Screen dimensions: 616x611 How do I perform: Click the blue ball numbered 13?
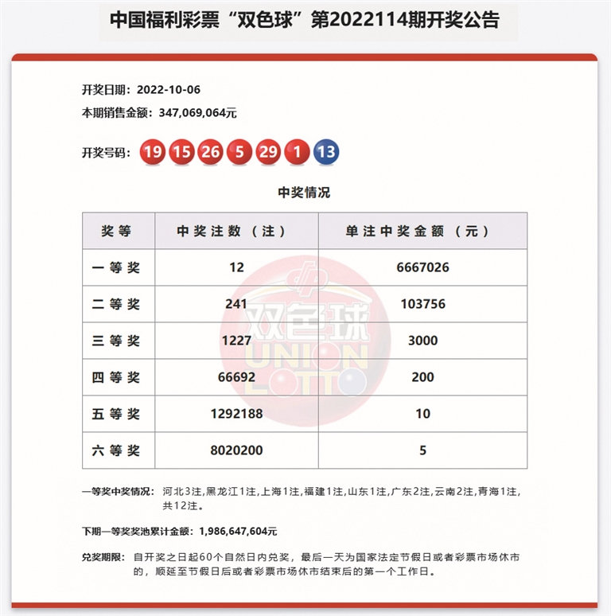click(x=326, y=153)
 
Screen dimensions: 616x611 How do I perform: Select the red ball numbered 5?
click(x=239, y=153)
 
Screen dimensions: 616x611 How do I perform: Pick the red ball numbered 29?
click(x=268, y=153)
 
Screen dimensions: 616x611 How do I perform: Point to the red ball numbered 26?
click(x=211, y=153)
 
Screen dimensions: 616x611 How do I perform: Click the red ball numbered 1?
click(x=297, y=153)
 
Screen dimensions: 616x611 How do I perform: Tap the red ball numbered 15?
click(x=181, y=153)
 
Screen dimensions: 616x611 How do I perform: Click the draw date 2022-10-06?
click(x=168, y=89)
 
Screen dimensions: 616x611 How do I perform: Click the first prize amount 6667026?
click(x=422, y=267)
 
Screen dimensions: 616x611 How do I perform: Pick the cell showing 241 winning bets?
click(x=236, y=304)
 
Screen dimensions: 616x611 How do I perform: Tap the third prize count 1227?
click(x=236, y=341)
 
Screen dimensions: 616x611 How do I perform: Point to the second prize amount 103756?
click(x=422, y=304)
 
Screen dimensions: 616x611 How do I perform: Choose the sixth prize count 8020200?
click(x=236, y=450)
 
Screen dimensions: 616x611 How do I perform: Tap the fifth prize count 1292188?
click(x=236, y=414)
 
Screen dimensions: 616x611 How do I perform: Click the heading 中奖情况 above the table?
click(x=304, y=193)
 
